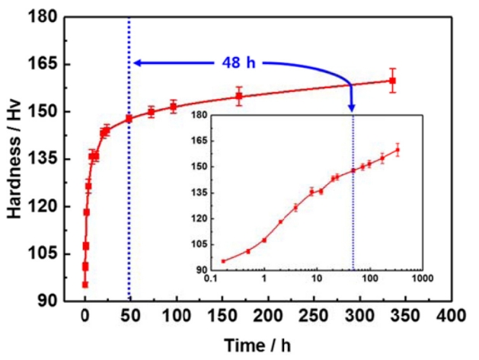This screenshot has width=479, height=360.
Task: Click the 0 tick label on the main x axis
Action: (x=85, y=315)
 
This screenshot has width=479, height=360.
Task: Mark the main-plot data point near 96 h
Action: (x=173, y=107)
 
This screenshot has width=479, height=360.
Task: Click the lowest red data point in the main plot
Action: (x=85, y=285)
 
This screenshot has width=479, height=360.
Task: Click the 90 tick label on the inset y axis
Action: (x=200, y=269)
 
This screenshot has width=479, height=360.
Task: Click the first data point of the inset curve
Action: (x=223, y=261)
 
